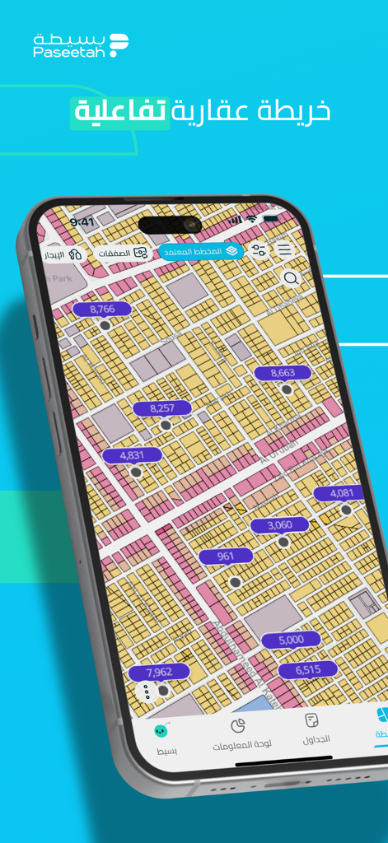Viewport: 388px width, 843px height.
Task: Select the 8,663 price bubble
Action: click(x=283, y=373)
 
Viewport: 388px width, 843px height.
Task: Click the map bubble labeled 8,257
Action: click(x=162, y=408)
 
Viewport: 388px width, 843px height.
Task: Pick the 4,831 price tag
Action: click(x=132, y=455)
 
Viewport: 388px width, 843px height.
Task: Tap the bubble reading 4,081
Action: click(x=341, y=493)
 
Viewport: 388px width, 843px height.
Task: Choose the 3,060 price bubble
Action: click(x=280, y=524)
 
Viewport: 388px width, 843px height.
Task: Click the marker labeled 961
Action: click(x=226, y=557)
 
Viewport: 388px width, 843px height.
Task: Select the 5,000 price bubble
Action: click(x=291, y=640)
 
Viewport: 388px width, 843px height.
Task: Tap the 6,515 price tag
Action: click(x=307, y=670)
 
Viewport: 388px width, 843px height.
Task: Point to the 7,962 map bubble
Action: click(x=159, y=673)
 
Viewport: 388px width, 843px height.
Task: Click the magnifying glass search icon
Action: click(x=291, y=278)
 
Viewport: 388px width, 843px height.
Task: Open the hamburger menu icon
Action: click(x=284, y=250)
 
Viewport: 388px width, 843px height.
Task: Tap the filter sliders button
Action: click(x=259, y=250)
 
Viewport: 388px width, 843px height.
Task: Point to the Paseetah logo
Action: click(x=81, y=45)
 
